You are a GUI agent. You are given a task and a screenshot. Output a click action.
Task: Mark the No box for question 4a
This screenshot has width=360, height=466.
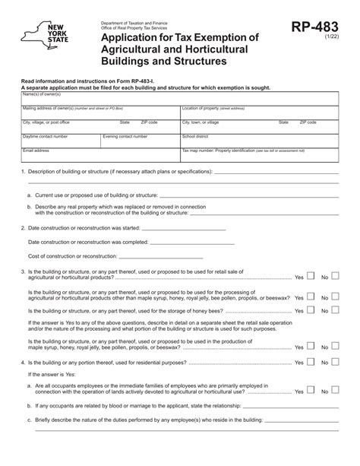pyautogui.click(x=335, y=390)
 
